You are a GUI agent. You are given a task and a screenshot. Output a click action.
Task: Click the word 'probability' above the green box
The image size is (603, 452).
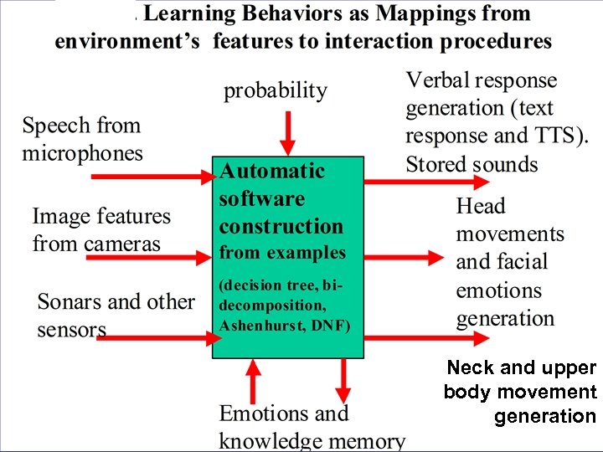[x=275, y=91]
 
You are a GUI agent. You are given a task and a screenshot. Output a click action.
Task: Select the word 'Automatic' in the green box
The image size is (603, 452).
[x=272, y=171]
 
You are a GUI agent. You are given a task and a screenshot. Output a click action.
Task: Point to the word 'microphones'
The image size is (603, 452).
[x=82, y=153]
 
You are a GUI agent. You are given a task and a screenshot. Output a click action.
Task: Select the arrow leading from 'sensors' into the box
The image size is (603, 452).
[x=159, y=337]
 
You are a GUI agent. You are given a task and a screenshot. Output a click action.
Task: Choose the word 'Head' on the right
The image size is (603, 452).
[x=481, y=207]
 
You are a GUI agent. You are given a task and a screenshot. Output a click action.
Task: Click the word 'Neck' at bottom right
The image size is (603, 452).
[x=471, y=367]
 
